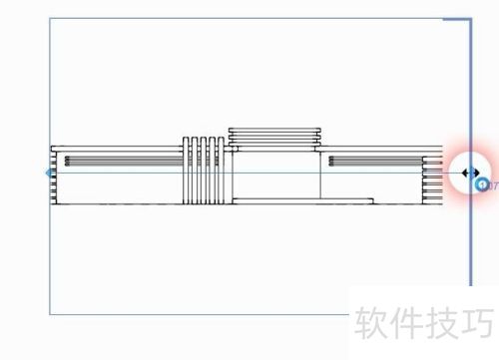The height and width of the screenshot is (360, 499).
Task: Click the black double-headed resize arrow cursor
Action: click(470, 173)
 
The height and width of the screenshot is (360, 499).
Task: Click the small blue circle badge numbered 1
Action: click(481, 184)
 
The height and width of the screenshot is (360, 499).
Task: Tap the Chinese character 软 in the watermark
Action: click(371, 321)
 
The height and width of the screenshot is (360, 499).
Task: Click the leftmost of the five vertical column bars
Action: click(186, 169)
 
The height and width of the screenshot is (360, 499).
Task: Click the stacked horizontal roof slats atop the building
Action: click(274, 137)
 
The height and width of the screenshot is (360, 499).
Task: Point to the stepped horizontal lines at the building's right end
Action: click(433, 180)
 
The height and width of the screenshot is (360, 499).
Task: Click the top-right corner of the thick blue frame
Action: click(470, 18)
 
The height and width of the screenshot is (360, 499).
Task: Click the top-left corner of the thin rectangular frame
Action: click(50, 18)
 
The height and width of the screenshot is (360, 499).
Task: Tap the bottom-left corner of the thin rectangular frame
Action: click(50, 314)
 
